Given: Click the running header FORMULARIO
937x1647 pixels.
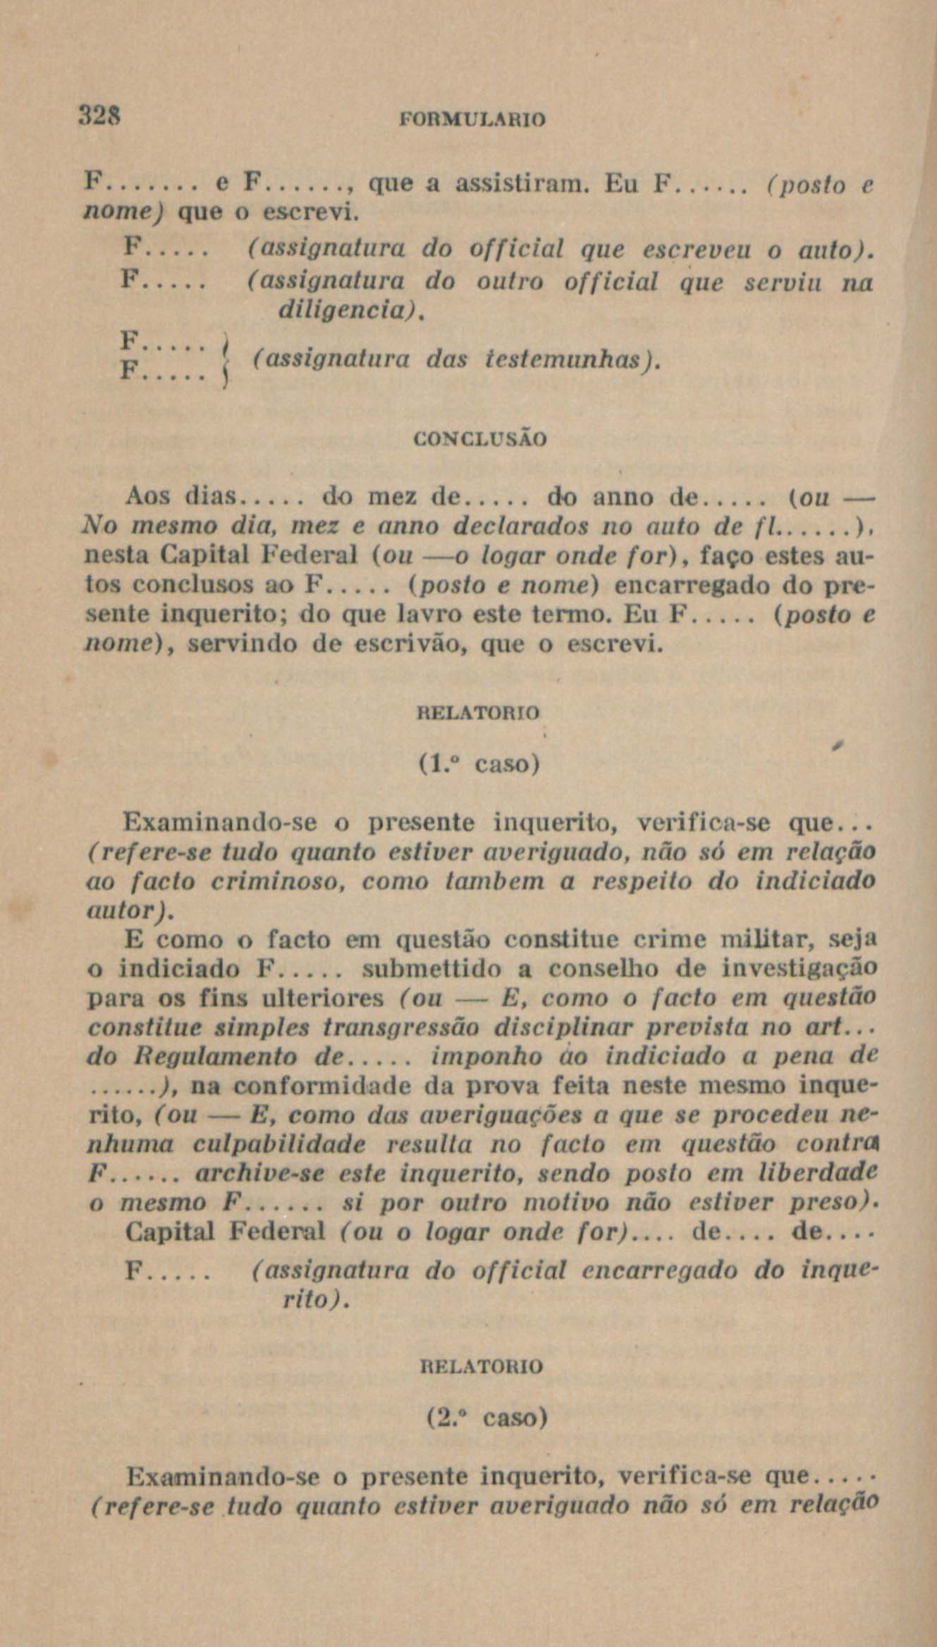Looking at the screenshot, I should click(472, 119).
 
